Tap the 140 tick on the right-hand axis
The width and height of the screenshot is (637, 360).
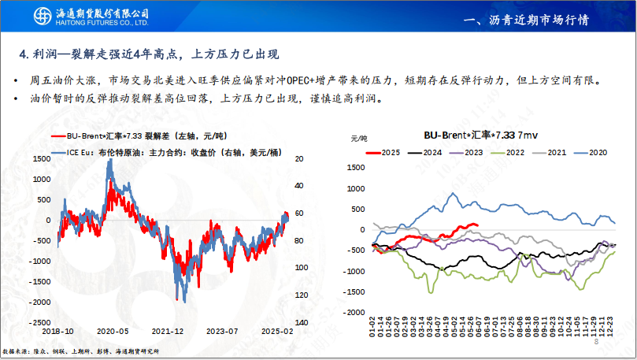300,323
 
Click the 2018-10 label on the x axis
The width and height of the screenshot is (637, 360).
59,332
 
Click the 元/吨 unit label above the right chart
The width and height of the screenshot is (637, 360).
358,138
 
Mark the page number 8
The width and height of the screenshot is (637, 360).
596,342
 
